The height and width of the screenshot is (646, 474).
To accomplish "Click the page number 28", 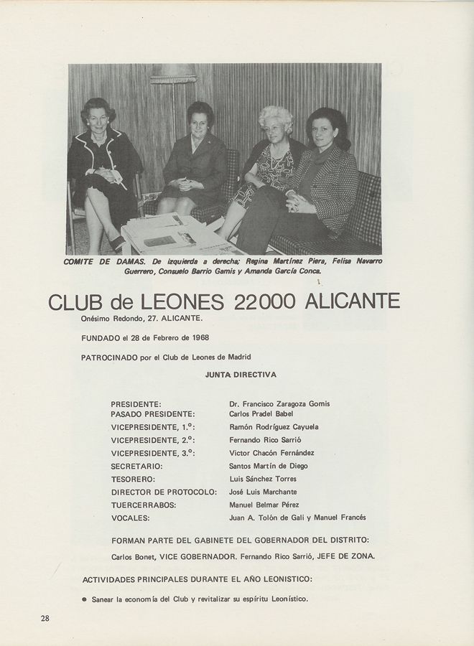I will pos(45,619).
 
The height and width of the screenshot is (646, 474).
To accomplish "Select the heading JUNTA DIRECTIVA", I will pos(241,375).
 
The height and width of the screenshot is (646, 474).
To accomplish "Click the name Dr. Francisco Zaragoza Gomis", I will pos(279,403).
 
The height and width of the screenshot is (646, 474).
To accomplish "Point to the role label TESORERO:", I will pos(133,479).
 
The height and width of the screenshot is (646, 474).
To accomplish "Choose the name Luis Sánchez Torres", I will pos(263,479).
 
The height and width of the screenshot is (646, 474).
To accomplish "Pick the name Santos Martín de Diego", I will pos(269,466).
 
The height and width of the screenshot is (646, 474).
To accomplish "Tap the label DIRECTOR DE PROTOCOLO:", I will pos(164,492).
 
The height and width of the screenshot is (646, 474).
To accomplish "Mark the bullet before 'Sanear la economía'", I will pos(84,598).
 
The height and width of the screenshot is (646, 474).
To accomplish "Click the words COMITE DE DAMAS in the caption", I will pos(105,261).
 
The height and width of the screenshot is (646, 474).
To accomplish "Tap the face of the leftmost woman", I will pos(99,118).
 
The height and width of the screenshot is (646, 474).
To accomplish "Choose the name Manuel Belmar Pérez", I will pos(264,505).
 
